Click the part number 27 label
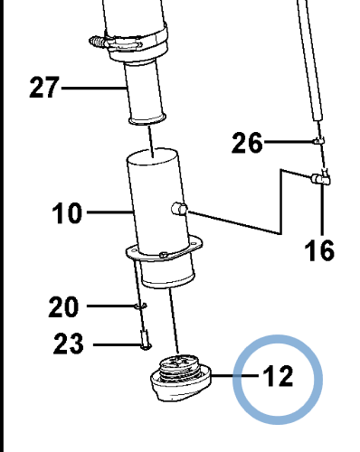44,88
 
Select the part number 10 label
67,212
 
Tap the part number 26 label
247,143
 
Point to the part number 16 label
319,250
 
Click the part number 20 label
63,306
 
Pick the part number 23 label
68,344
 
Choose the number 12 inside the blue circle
278,375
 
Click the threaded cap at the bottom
181,379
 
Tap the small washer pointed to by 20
140,306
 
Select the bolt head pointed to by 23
146,346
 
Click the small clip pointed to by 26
318,140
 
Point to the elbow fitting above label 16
321,178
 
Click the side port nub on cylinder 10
179,209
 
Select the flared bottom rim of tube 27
147,118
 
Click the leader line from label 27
94,89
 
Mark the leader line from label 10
110,212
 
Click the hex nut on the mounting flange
164,254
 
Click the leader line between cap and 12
235,376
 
